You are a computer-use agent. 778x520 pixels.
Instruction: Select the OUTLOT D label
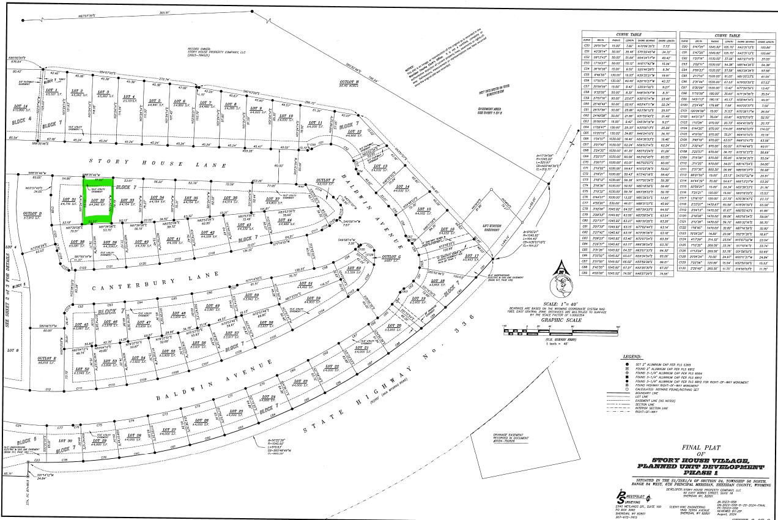pyautogui.click(x=32, y=215)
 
